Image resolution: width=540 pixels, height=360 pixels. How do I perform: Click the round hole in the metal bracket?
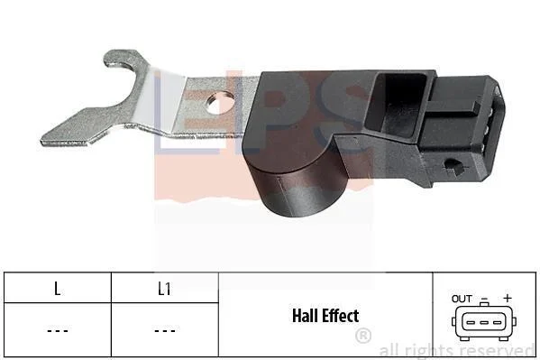coord(220,103)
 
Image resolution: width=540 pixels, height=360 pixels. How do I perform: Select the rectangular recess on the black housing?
coord(396,106)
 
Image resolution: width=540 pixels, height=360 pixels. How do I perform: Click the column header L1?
coord(164,289)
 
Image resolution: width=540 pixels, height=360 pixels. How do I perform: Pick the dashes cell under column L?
coord(58,331)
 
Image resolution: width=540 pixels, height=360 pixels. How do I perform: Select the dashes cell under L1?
coord(165,331)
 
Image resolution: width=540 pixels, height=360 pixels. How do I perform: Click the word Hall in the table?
coord(304,316)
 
